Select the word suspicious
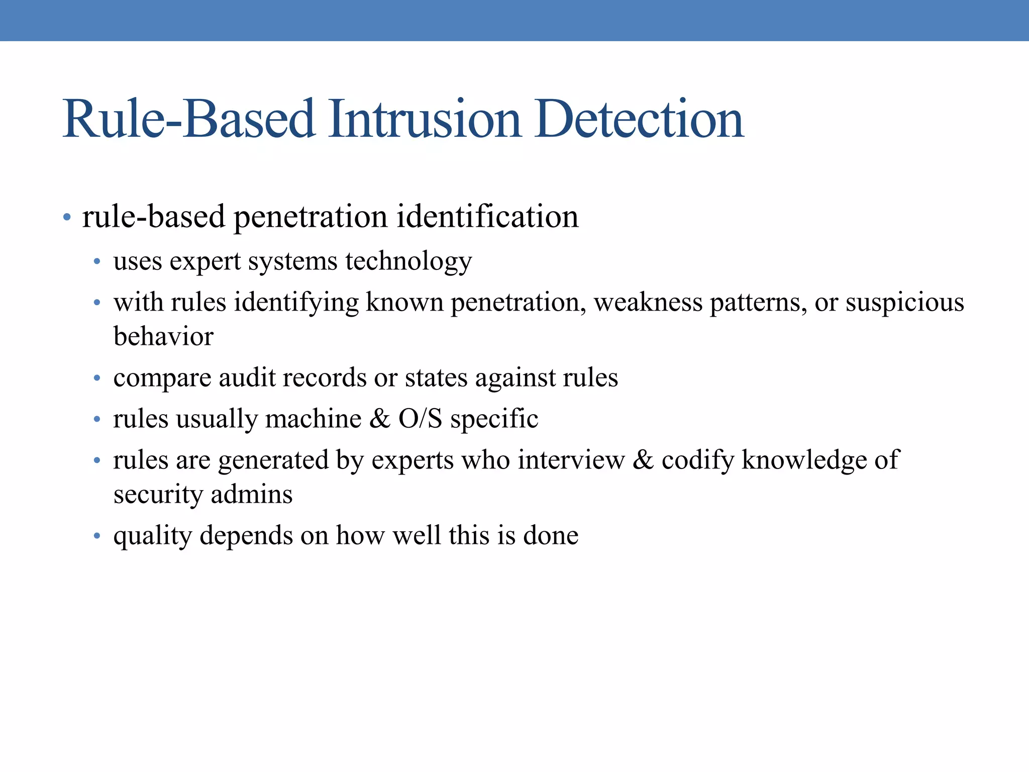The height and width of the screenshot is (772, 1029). tap(904, 303)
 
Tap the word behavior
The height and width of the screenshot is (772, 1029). tap(163, 336)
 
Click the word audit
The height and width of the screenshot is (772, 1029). tap(247, 377)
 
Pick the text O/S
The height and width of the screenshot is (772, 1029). tap(420, 419)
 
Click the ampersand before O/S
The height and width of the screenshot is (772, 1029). tap(379, 419)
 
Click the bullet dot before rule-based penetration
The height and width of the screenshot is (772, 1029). tap(67, 218)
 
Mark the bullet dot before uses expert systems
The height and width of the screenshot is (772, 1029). tap(97, 262)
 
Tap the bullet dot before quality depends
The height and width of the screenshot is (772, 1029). tap(97, 536)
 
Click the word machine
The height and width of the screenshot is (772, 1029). tap(313, 419)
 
